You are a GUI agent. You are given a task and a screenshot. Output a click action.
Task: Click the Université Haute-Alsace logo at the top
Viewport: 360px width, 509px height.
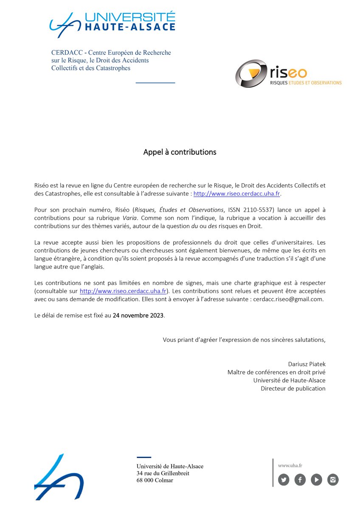(x=112, y=22)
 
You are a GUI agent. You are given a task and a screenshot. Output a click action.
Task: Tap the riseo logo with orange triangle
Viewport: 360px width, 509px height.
(x=288, y=73)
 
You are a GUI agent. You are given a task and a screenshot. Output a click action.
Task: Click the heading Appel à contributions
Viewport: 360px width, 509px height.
(x=180, y=152)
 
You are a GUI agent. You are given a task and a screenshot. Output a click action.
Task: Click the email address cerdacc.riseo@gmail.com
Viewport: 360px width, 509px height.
(x=288, y=299)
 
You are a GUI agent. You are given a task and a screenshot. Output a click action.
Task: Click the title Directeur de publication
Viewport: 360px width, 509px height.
(x=293, y=388)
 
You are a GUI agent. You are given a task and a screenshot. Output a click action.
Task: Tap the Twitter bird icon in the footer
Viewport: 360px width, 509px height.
(x=284, y=480)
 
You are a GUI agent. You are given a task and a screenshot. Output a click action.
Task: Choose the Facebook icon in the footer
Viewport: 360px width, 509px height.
(x=300, y=480)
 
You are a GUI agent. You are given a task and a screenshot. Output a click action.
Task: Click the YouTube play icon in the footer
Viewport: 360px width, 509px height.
(x=316, y=480)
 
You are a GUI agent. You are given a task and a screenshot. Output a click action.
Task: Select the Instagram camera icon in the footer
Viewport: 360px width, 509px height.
(x=333, y=480)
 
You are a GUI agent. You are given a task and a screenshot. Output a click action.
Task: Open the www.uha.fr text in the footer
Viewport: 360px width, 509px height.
(x=290, y=465)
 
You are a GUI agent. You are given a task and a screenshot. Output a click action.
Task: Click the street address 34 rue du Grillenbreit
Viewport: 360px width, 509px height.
(x=163, y=473)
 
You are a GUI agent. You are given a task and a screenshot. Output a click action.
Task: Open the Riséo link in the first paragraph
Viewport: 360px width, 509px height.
(x=237, y=193)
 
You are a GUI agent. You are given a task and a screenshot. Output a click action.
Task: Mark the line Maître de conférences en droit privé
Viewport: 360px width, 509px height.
(x=276, y=372)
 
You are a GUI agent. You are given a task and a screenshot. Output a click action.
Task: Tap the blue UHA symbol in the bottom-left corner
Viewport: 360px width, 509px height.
(x=59, y=477)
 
